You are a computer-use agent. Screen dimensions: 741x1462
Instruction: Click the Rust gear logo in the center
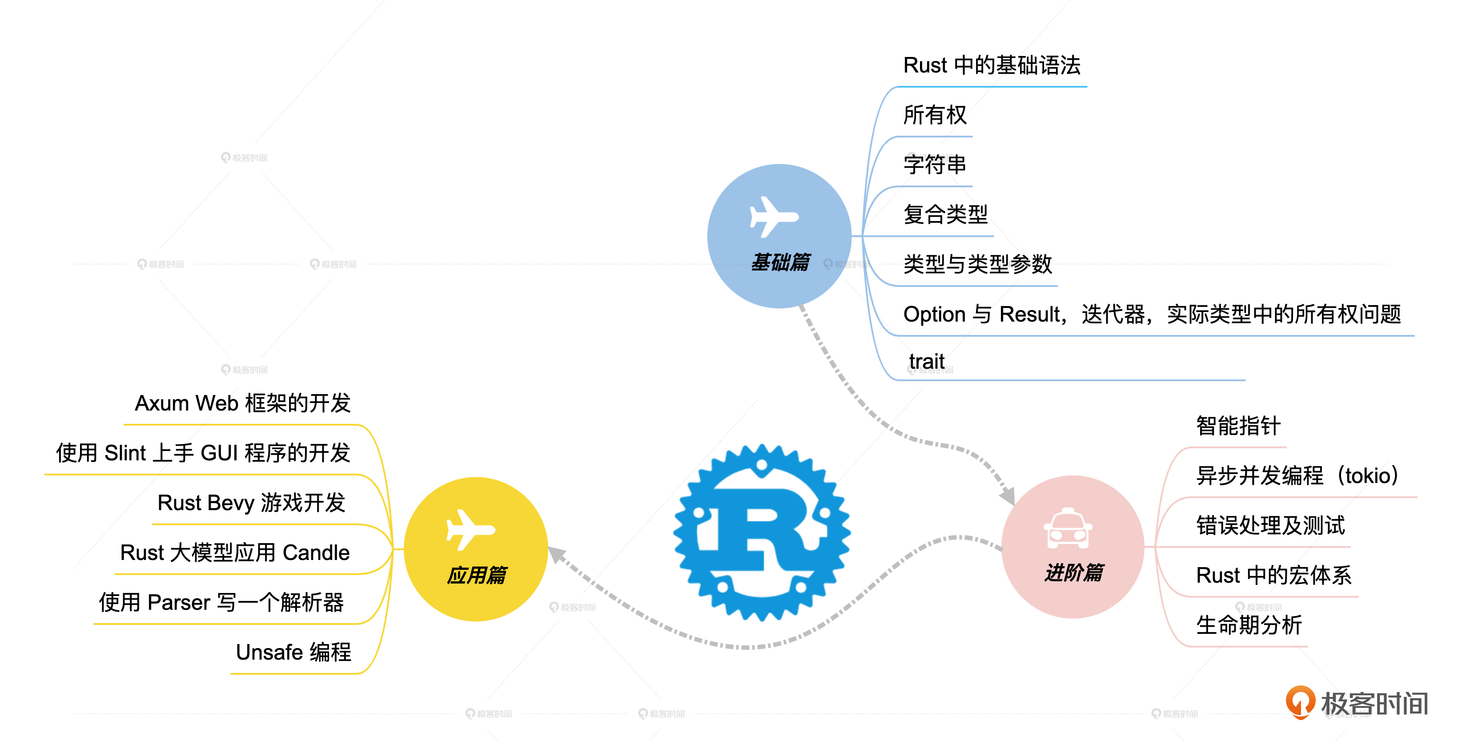pyautogui.click(x=762, y=532)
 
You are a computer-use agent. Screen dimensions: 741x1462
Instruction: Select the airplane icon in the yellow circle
pyautogui.click(x=470, y=530)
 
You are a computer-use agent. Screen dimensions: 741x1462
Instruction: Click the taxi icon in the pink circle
pyautogui.click(x=1068, y=529)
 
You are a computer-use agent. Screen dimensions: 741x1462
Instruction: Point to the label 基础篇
pyautogui.click(x=780, y=262)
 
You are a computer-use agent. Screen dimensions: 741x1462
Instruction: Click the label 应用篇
pyautogui.click(x=476, y=575)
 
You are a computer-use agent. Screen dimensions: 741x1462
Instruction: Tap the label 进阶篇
pyautogui.click(x=1074, y=572)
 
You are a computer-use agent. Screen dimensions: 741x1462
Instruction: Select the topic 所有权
pyautogui.click(x=935, y=115)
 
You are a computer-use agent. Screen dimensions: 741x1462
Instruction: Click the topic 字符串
pyautogui.click(x=935, y=165)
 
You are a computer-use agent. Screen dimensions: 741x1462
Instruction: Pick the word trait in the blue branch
pyautogui.click(x=926, y=361)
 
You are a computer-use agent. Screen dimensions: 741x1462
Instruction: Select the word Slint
pyautogui.click(x=125, y=453)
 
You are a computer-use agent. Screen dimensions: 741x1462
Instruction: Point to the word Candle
pyautogui.click(x=316, y=552)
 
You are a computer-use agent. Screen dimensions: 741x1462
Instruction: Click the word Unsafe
pyautogui.click(x=269, y=652)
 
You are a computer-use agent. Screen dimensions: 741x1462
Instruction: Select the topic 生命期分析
pyautogui.click(x=1249, y=625)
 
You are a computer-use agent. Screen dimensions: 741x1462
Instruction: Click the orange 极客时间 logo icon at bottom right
pyautogui.click(x=1300, y=702)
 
